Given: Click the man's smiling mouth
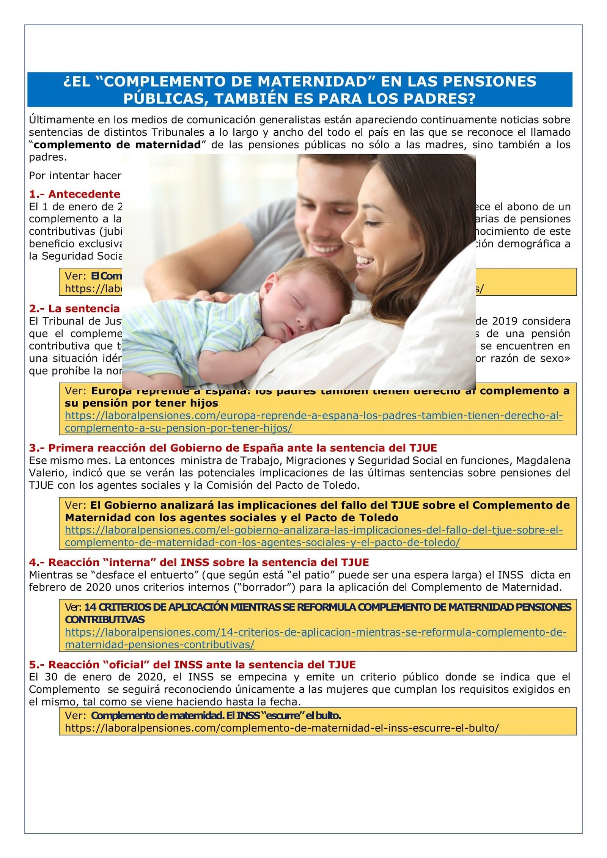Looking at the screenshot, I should point(326,249).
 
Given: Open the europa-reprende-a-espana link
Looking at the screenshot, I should point(313,416).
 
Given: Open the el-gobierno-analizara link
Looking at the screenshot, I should point(313,530).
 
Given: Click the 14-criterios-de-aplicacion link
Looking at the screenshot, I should point(315,632).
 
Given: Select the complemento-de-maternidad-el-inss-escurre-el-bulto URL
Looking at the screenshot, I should point(281,728).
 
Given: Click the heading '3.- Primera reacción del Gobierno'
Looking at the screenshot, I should point(233,448).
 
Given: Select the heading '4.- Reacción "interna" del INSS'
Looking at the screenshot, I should point(198,562).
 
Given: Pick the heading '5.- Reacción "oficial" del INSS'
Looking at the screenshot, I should point(192,665).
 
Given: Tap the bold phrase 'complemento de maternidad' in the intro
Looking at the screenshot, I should point(117,145).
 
